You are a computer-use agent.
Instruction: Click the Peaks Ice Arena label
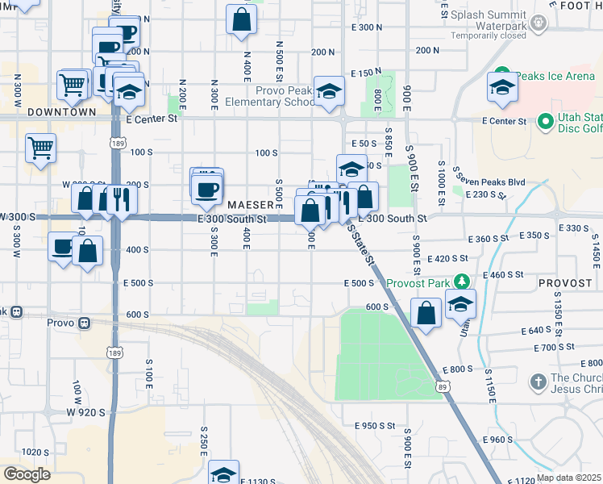click(555, 76)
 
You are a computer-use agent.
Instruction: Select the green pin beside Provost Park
click(462, 282)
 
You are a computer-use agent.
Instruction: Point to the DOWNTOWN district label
click(62, 112)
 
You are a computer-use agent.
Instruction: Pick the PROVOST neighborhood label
click(567, 285)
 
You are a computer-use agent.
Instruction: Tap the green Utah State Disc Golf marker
click(545, 123)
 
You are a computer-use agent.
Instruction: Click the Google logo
click(27, 474)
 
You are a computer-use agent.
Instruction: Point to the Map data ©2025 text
click(570, 477)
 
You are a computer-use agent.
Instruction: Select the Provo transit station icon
click(84, 323)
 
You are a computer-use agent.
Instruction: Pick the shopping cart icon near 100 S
click(40, 148)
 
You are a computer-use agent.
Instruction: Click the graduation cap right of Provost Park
click(460, 304)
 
